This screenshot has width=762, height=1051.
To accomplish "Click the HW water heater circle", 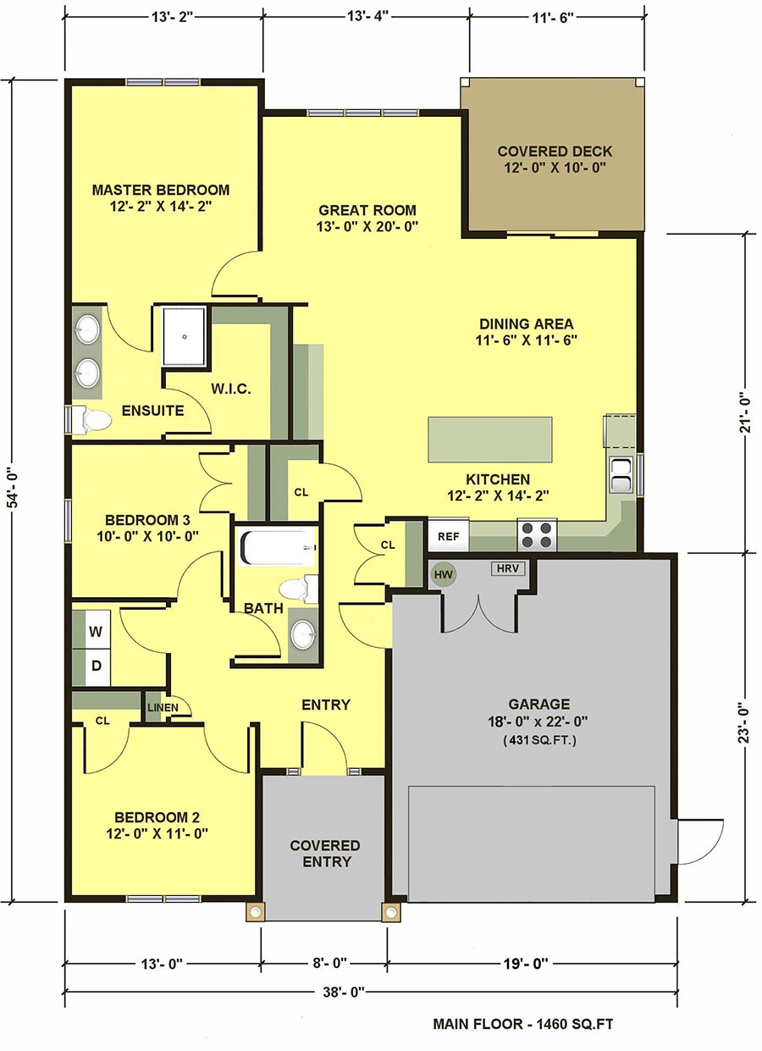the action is tap(444, 574).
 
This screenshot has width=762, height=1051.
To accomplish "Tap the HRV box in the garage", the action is tap(508, 568).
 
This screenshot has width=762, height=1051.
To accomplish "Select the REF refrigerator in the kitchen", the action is tap(449, 536).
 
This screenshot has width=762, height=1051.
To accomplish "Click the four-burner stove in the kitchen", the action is tap(537, 535).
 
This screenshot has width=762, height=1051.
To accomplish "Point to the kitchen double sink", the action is tap(621, 475).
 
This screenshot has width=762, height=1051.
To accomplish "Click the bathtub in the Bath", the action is tap(278, 547).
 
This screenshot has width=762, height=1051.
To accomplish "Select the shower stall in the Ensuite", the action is tap(184, 336).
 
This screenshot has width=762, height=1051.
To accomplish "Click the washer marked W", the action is tap(97, 632).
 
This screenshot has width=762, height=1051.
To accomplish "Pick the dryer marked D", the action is tap(97, 666).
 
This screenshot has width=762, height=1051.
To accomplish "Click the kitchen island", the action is tap(490, 440).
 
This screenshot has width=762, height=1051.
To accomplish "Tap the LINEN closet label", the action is tap(163, 707).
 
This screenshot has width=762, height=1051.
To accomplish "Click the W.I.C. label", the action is tap(231, 389).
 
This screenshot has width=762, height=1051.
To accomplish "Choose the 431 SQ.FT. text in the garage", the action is tap(539, 740).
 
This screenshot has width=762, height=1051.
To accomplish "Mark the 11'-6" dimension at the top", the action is tap(553, 18).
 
